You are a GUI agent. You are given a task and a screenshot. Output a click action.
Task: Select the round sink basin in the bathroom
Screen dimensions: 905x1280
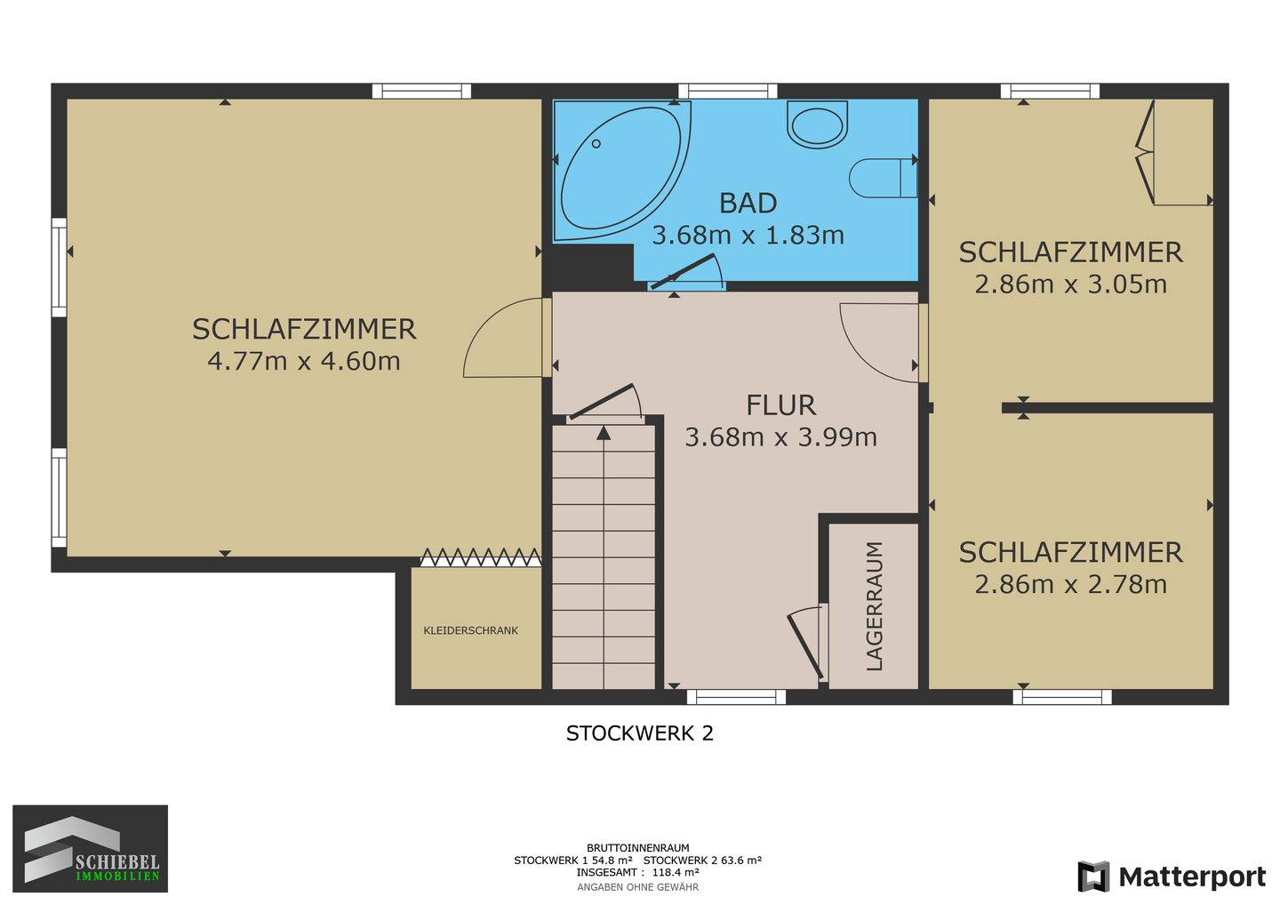(817, 124)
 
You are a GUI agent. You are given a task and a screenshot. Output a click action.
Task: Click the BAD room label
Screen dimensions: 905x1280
(748, 204)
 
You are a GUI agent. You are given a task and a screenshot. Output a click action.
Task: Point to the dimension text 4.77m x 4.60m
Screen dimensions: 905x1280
(304, 362)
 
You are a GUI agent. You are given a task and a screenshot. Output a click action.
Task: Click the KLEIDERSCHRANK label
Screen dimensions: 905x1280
(471, 630)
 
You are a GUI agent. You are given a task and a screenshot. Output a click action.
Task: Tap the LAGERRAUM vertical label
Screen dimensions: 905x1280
(875, 605)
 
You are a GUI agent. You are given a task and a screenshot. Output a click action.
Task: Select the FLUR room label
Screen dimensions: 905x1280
(780, 405)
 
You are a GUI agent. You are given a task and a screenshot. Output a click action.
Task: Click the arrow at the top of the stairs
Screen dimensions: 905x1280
(604, 433)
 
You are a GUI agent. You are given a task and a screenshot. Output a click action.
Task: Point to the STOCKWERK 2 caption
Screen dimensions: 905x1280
(640, 733)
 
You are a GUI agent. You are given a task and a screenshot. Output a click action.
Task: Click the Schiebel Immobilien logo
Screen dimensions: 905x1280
(90, 848)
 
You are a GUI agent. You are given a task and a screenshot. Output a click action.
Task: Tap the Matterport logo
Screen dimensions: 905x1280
(1172, 877)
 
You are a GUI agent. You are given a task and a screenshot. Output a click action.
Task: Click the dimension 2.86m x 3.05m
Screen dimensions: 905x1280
(1070, 284)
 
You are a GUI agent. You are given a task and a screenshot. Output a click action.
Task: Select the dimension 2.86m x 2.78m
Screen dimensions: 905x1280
(1070, 584)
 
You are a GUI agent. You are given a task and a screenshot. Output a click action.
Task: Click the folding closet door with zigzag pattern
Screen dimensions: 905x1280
(480, 557)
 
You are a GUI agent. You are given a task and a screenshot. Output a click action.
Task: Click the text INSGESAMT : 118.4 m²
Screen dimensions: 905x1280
(637, 873)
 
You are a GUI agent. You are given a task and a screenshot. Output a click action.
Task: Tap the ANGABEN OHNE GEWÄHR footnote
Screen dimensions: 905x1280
(637, 887)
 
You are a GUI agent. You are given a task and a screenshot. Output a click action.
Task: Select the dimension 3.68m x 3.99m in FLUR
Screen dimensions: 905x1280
(780, 437)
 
